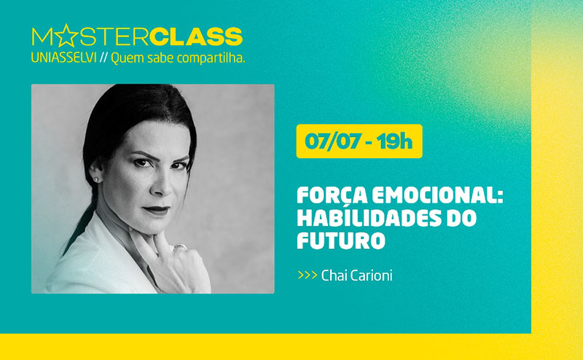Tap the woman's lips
(x=157, y=210)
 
